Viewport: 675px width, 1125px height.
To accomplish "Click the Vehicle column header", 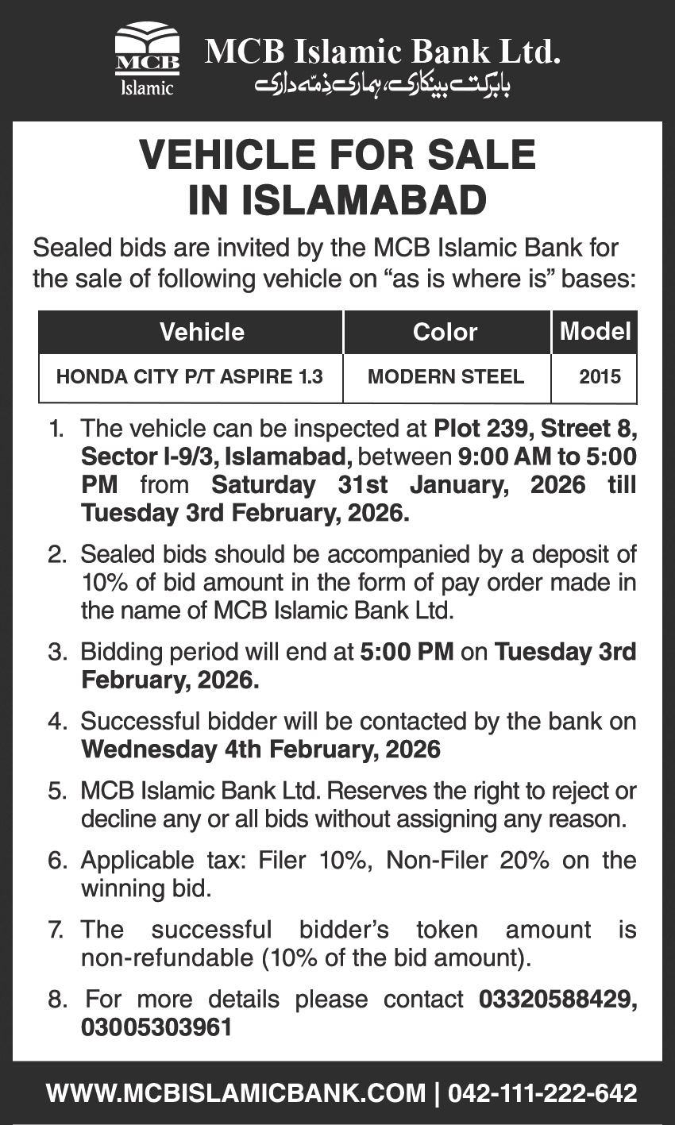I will (x=202, y=332).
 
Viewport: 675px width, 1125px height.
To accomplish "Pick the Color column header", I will (x=445, y=332).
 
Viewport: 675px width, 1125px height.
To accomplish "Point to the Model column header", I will (x=595, y=331).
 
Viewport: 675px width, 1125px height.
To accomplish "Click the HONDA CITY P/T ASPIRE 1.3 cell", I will (x=190, y=376).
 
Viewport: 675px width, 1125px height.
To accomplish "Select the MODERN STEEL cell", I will (x=445, y=376).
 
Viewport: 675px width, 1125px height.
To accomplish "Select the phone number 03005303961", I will (x=156, y=1027).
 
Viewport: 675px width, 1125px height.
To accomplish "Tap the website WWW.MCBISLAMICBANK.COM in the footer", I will (x=236, y=1093).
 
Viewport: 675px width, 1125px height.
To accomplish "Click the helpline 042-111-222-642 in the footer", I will (x=542, y=1093).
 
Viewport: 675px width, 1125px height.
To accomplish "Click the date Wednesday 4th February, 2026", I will (x=260, y=749).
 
